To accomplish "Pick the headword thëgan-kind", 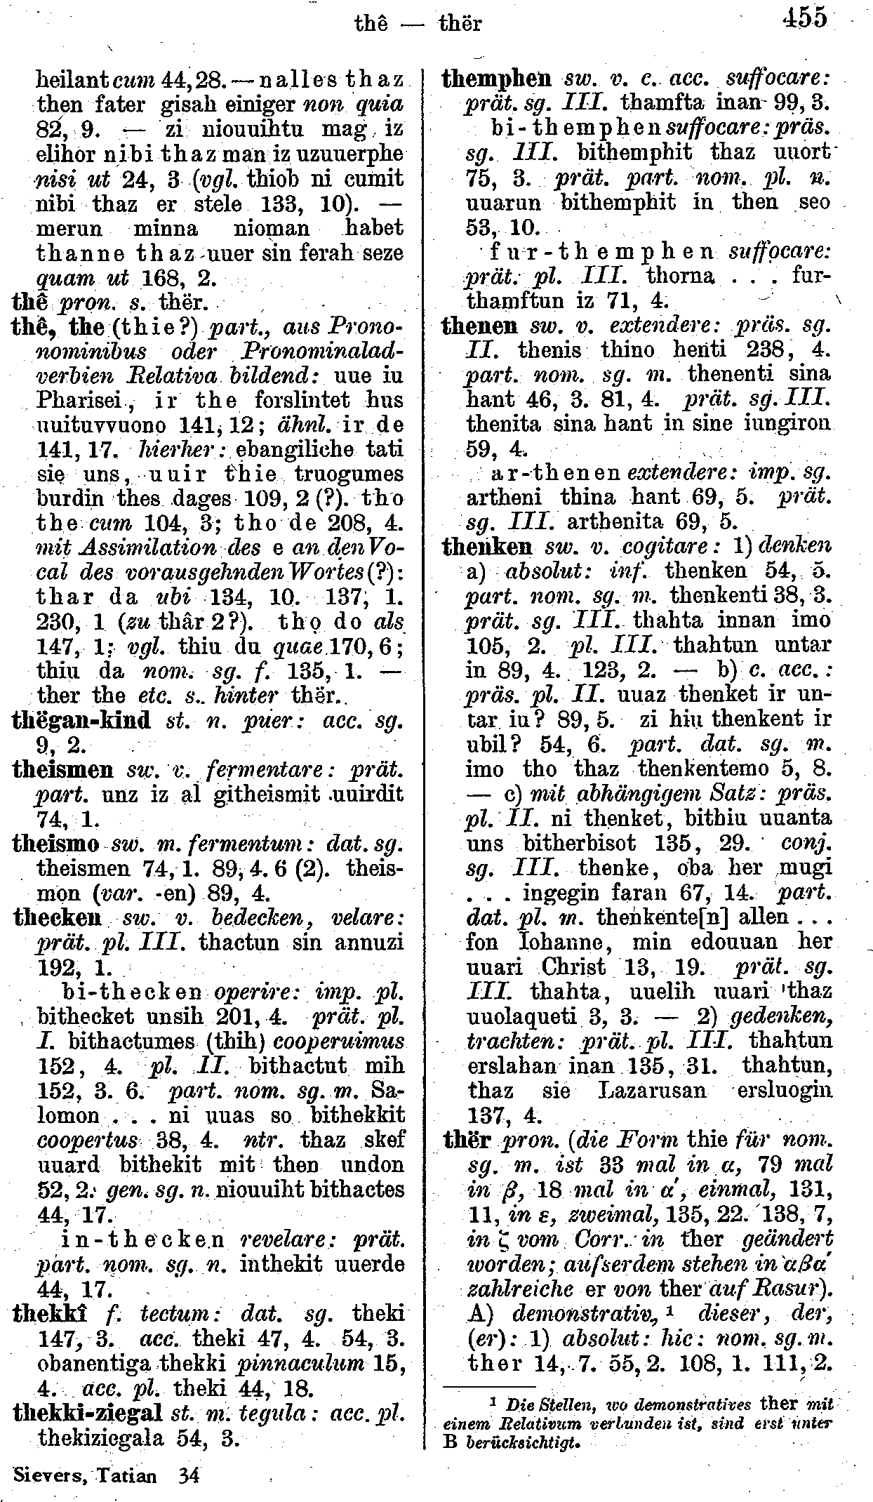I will (x=81, y=721).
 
